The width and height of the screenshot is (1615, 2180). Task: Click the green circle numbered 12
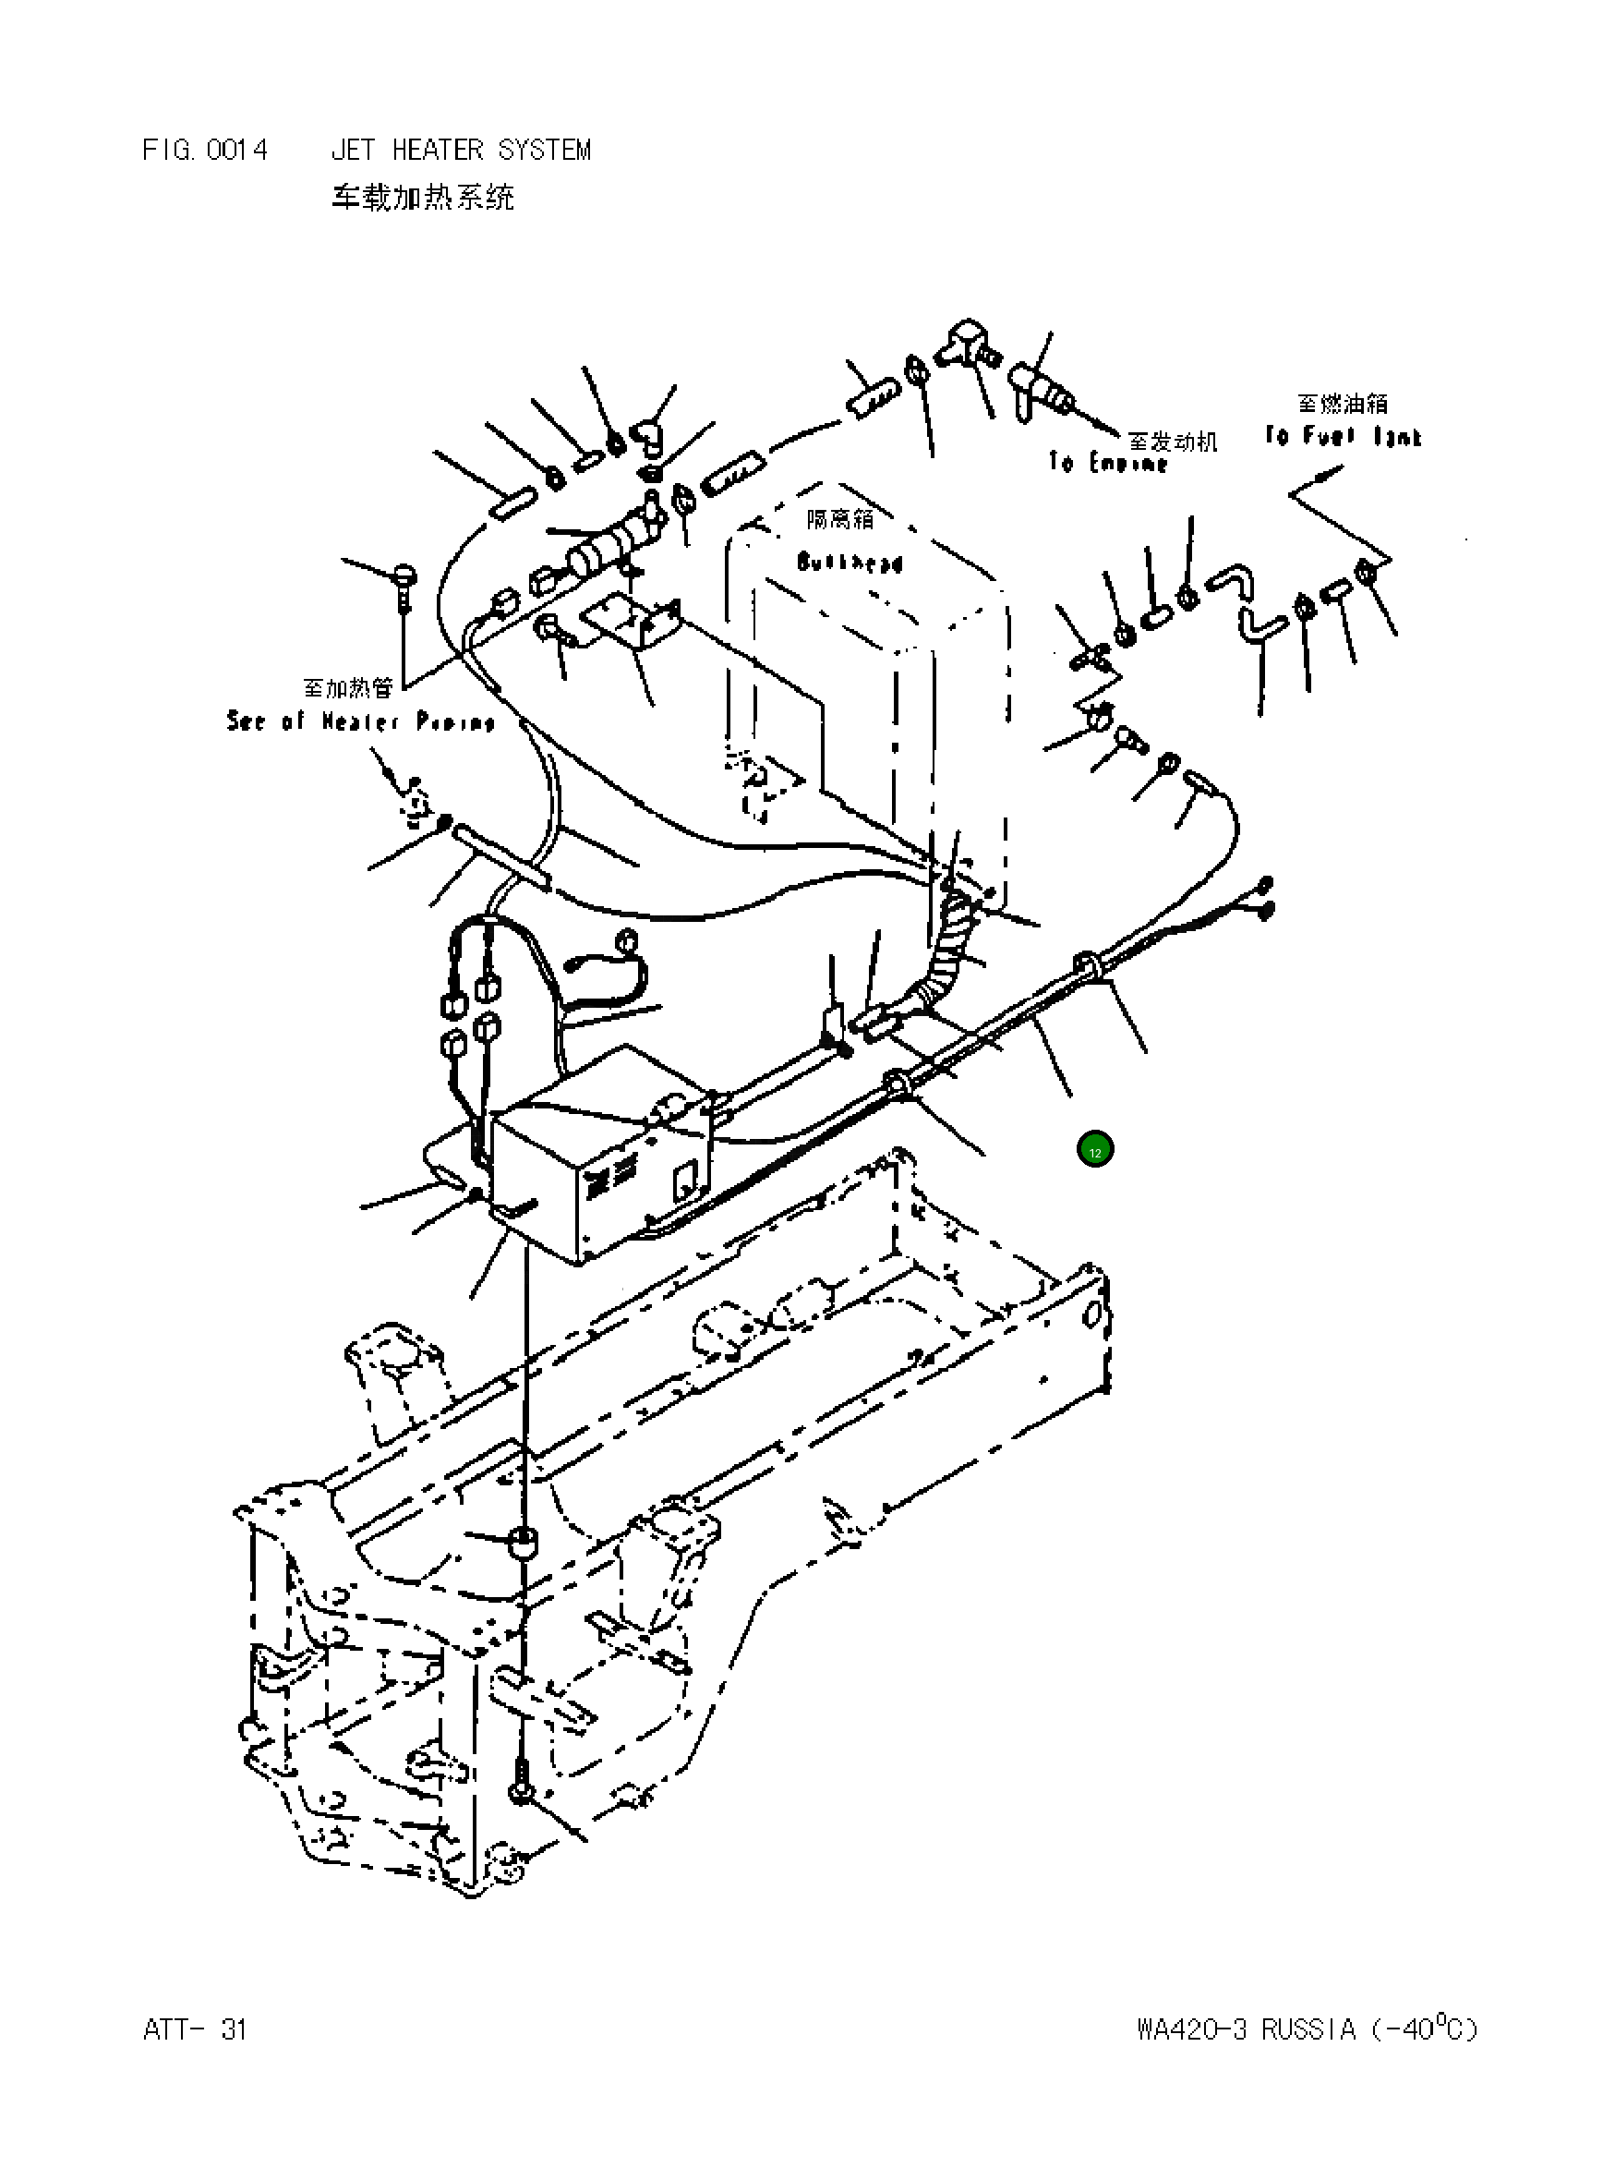[x=1094, y=1150]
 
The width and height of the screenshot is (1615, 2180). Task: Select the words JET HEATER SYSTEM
[x=461, y=150]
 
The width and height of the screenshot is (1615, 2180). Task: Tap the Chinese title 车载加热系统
[x=422, y=198]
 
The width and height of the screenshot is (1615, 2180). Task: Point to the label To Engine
[x=1108, y=463]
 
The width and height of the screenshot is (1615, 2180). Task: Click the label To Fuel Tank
[x=1343, y=436]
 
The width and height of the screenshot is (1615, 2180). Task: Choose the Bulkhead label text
[x=849, y=563]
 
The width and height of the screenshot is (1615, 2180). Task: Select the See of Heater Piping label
[x=361, y=721]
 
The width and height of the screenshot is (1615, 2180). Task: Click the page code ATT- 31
[x=195, y=2029]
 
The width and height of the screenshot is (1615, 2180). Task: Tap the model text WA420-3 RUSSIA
[x=1246, y=2029]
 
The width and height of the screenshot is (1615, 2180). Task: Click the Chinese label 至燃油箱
[x=1343, y=403]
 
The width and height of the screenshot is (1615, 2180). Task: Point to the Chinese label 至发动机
[x=1172, y=442]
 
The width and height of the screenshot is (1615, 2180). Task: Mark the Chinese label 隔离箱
[x=839, y=519]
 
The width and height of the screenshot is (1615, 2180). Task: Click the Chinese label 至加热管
[x=348, y=688]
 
